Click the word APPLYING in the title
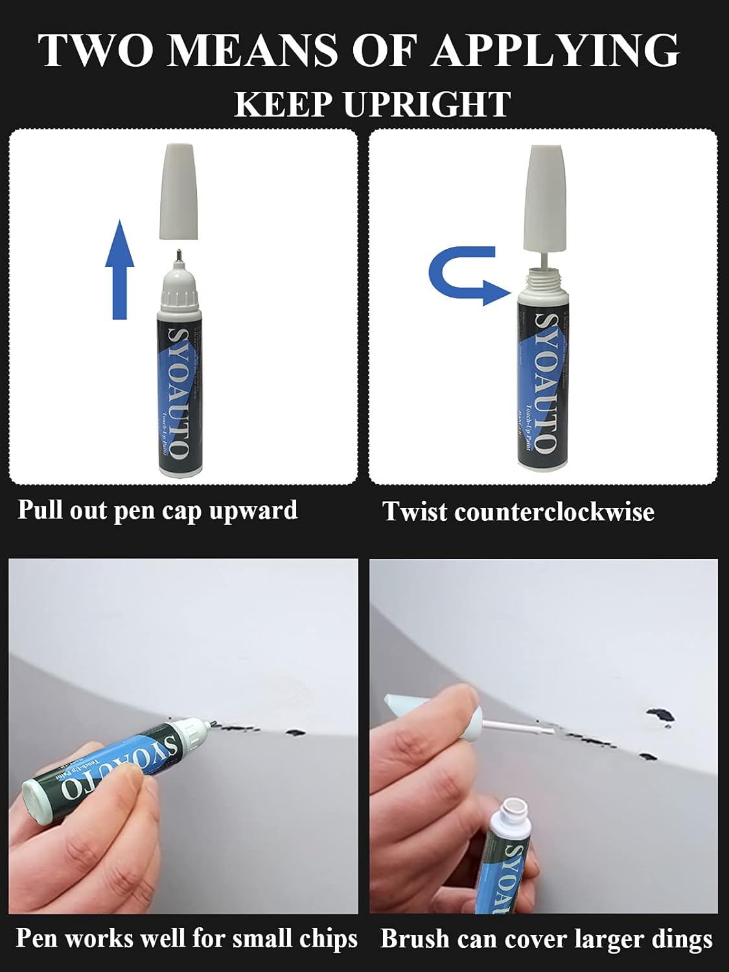click(555, 51)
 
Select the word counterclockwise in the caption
click(554, 512)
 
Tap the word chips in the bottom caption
click(329, 939)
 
